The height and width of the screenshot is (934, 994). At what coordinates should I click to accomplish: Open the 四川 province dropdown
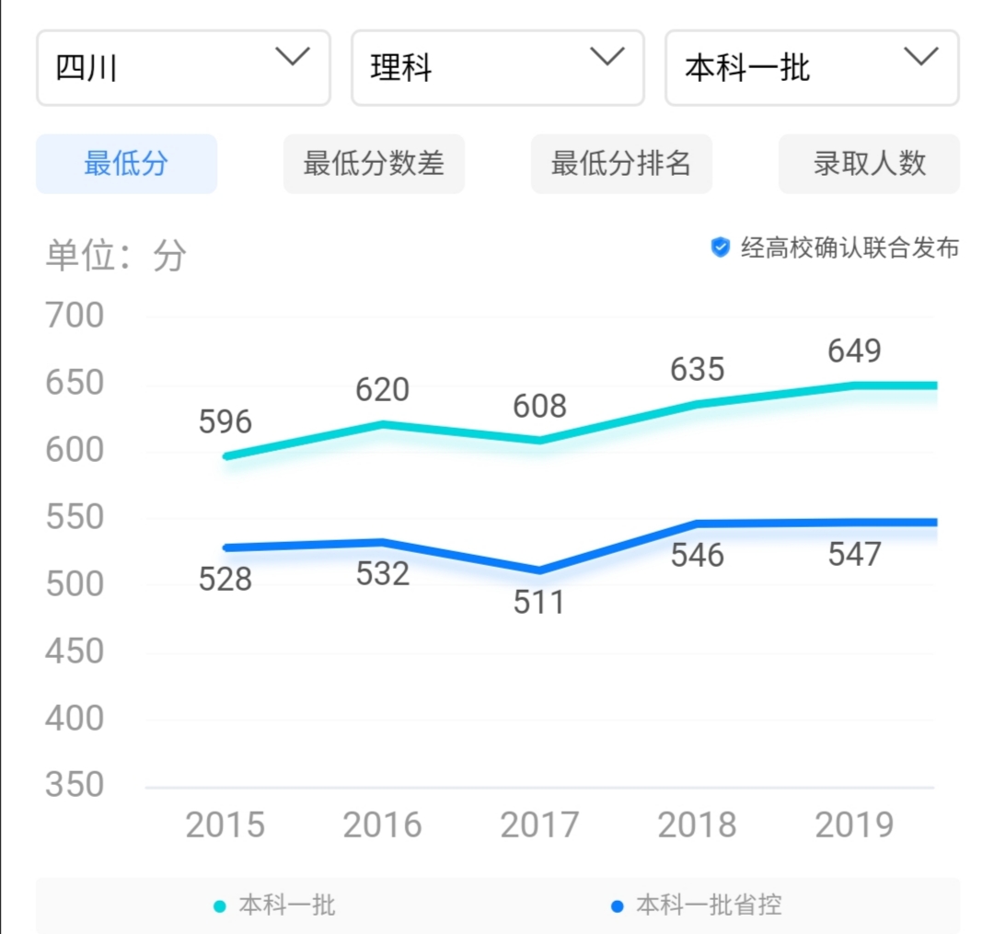183,68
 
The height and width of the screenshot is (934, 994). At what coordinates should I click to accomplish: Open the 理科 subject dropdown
497,68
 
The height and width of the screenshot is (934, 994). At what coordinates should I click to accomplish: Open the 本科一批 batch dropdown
812,68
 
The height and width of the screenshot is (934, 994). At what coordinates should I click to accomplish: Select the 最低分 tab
126,164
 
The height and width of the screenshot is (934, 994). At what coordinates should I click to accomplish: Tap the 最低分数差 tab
374,164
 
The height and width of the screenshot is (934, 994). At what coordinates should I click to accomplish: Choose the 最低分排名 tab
621,164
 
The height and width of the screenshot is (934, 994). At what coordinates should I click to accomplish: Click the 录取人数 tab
869,164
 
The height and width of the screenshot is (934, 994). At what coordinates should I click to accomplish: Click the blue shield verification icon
721,247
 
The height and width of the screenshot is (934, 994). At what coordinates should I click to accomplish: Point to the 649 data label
854,351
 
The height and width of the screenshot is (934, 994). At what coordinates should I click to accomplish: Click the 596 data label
225,421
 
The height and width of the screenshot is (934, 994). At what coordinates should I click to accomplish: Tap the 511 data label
539,603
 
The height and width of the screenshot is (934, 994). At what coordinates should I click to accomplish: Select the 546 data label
697,555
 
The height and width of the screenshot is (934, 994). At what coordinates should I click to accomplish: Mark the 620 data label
382,390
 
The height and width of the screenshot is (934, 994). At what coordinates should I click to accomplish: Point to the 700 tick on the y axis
75,316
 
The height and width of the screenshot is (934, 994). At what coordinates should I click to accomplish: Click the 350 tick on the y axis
75,785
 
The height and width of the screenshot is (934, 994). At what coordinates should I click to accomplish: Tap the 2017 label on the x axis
539,824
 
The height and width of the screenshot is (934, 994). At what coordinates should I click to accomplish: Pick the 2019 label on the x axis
854,824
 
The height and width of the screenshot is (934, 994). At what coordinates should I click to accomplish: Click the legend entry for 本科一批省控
698,905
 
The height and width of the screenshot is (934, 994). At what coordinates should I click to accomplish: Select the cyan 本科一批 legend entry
275,905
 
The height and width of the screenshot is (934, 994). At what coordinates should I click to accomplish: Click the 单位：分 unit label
116,256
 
